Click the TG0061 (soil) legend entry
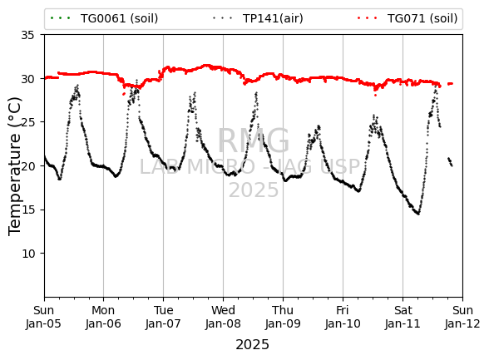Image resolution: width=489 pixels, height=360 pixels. pos(104,18)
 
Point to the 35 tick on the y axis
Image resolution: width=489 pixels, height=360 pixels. pos(27,35)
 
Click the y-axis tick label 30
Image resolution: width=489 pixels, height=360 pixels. pos(27,79)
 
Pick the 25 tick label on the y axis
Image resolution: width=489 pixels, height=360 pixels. pos(27,122)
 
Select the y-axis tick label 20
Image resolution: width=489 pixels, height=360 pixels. pos(27,165)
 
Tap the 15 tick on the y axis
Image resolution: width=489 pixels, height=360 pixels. pos(27,210)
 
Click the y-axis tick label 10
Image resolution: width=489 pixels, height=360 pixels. pos(27,254)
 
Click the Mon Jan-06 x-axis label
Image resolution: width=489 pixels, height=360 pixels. pos(103,317)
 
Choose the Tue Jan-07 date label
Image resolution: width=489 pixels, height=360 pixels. pos(163,317)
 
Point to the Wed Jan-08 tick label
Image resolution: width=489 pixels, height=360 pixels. pos(223,317)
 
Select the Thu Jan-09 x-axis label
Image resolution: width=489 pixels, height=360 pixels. pos(283,317)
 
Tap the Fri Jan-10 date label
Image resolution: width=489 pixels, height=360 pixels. pos(343,317)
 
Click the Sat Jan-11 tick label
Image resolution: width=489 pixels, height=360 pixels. pos(403,317)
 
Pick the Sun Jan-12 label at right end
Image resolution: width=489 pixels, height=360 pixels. pos(462,317)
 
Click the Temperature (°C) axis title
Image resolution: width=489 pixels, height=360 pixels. pos(14,166)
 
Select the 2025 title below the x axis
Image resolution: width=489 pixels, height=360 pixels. pos(252,345)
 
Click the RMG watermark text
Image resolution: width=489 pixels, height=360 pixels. pos(253,141)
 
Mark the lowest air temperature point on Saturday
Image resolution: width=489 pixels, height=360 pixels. pos(418,215)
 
